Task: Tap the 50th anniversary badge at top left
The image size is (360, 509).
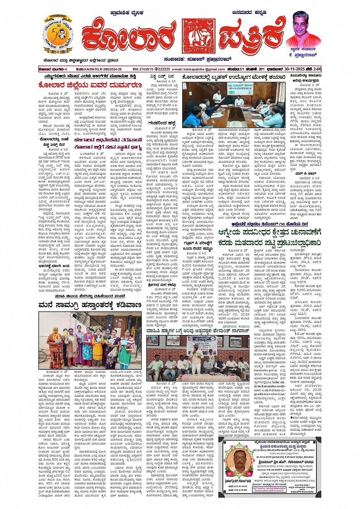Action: coord(58,35)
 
